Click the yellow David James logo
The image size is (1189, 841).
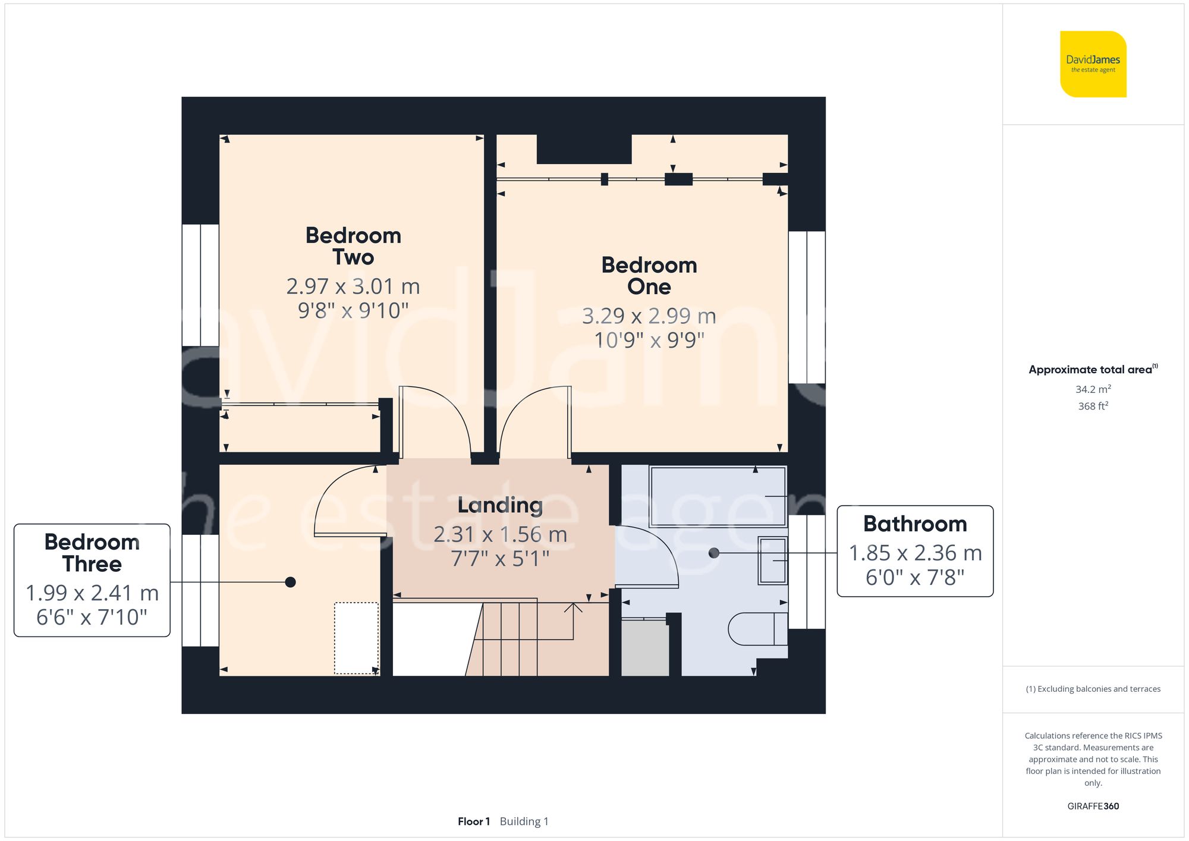click(x=1093, y=64)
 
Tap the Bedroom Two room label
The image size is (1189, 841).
click(x=353, y=246)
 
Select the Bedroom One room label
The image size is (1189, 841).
click(x=649, y=276)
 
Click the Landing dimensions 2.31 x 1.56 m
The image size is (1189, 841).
click(x=500, y=534)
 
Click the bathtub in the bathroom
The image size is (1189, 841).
click(x=718, y=497)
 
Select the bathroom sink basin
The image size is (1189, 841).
click(x=772, y=560)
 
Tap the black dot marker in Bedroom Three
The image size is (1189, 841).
click(x=290, y=582)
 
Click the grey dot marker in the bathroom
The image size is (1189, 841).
click(x=714, y=553)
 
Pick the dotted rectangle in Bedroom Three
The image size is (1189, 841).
click(x=356, y=638)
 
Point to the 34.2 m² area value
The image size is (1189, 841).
click(x=1093, y=389)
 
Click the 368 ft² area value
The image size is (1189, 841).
click(x=1093, y=406)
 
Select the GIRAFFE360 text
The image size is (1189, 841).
click(x=1093, y=806)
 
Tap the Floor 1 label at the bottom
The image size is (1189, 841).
click(x=473, y=821)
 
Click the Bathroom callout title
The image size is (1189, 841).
click(x=914, y=524)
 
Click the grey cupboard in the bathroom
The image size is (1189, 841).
click(x=644, y=648)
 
